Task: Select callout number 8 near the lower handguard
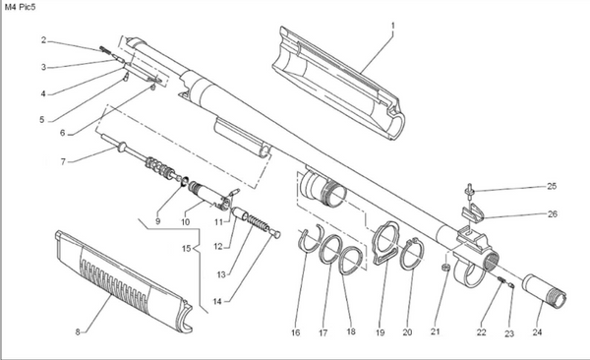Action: (80, 332)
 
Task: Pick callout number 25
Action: (553, 187)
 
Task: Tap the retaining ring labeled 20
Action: (411, 250)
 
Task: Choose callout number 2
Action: (44, 40)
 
